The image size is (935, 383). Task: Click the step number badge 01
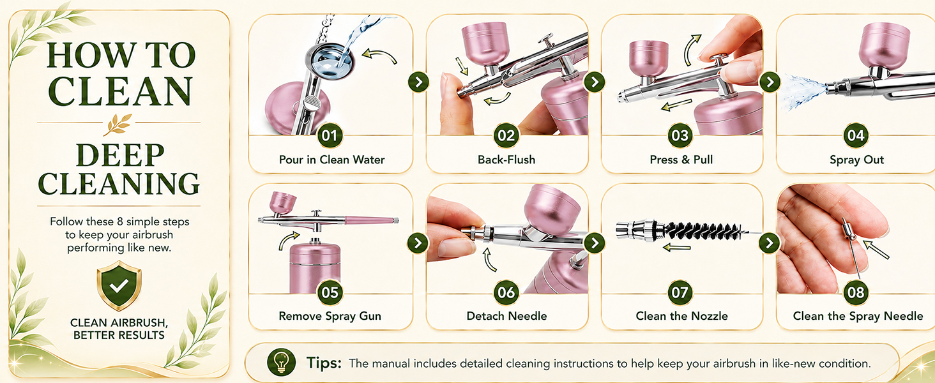330,135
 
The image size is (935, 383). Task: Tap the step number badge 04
856,135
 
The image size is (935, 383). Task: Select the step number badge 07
680,292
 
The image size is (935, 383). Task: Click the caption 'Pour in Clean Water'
332,160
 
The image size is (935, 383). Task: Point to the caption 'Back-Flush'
506,160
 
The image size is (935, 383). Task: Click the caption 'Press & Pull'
681,160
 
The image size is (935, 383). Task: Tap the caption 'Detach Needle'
506,316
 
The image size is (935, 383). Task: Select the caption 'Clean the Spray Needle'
858,316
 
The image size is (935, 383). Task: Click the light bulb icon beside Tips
282,361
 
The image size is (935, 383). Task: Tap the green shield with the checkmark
119,286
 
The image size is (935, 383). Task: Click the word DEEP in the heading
120,155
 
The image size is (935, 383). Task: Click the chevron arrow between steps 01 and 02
419,82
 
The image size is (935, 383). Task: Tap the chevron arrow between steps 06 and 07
595,243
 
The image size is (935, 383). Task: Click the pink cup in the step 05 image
282,202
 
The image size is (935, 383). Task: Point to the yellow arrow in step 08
876,250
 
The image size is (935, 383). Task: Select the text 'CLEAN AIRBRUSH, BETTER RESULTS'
119,329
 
